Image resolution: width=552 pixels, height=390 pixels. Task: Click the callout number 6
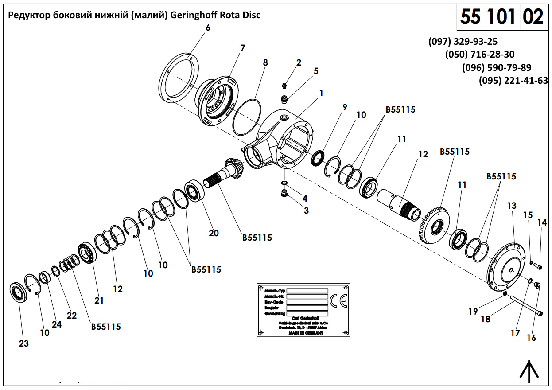[x=208, y=28]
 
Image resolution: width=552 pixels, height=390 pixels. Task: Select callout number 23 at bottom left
[x=23, y=343]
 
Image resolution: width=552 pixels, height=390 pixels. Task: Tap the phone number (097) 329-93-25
[x=463, y=42]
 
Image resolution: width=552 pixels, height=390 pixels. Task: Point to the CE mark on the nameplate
[x=338, y=301]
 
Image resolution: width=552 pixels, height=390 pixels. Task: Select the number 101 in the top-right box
[x=501, y=17]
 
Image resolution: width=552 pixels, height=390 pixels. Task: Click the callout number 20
[x=214, y=233]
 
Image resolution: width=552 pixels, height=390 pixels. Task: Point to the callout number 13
[x=512, y=206]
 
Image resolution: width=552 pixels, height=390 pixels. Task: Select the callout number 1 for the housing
[x=321, y=94]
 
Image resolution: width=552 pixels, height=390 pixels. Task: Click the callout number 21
[x=99, y=300]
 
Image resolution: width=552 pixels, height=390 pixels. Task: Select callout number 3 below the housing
[x=306, y=211]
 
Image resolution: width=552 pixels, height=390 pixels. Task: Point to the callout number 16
[x=531, y=338]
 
